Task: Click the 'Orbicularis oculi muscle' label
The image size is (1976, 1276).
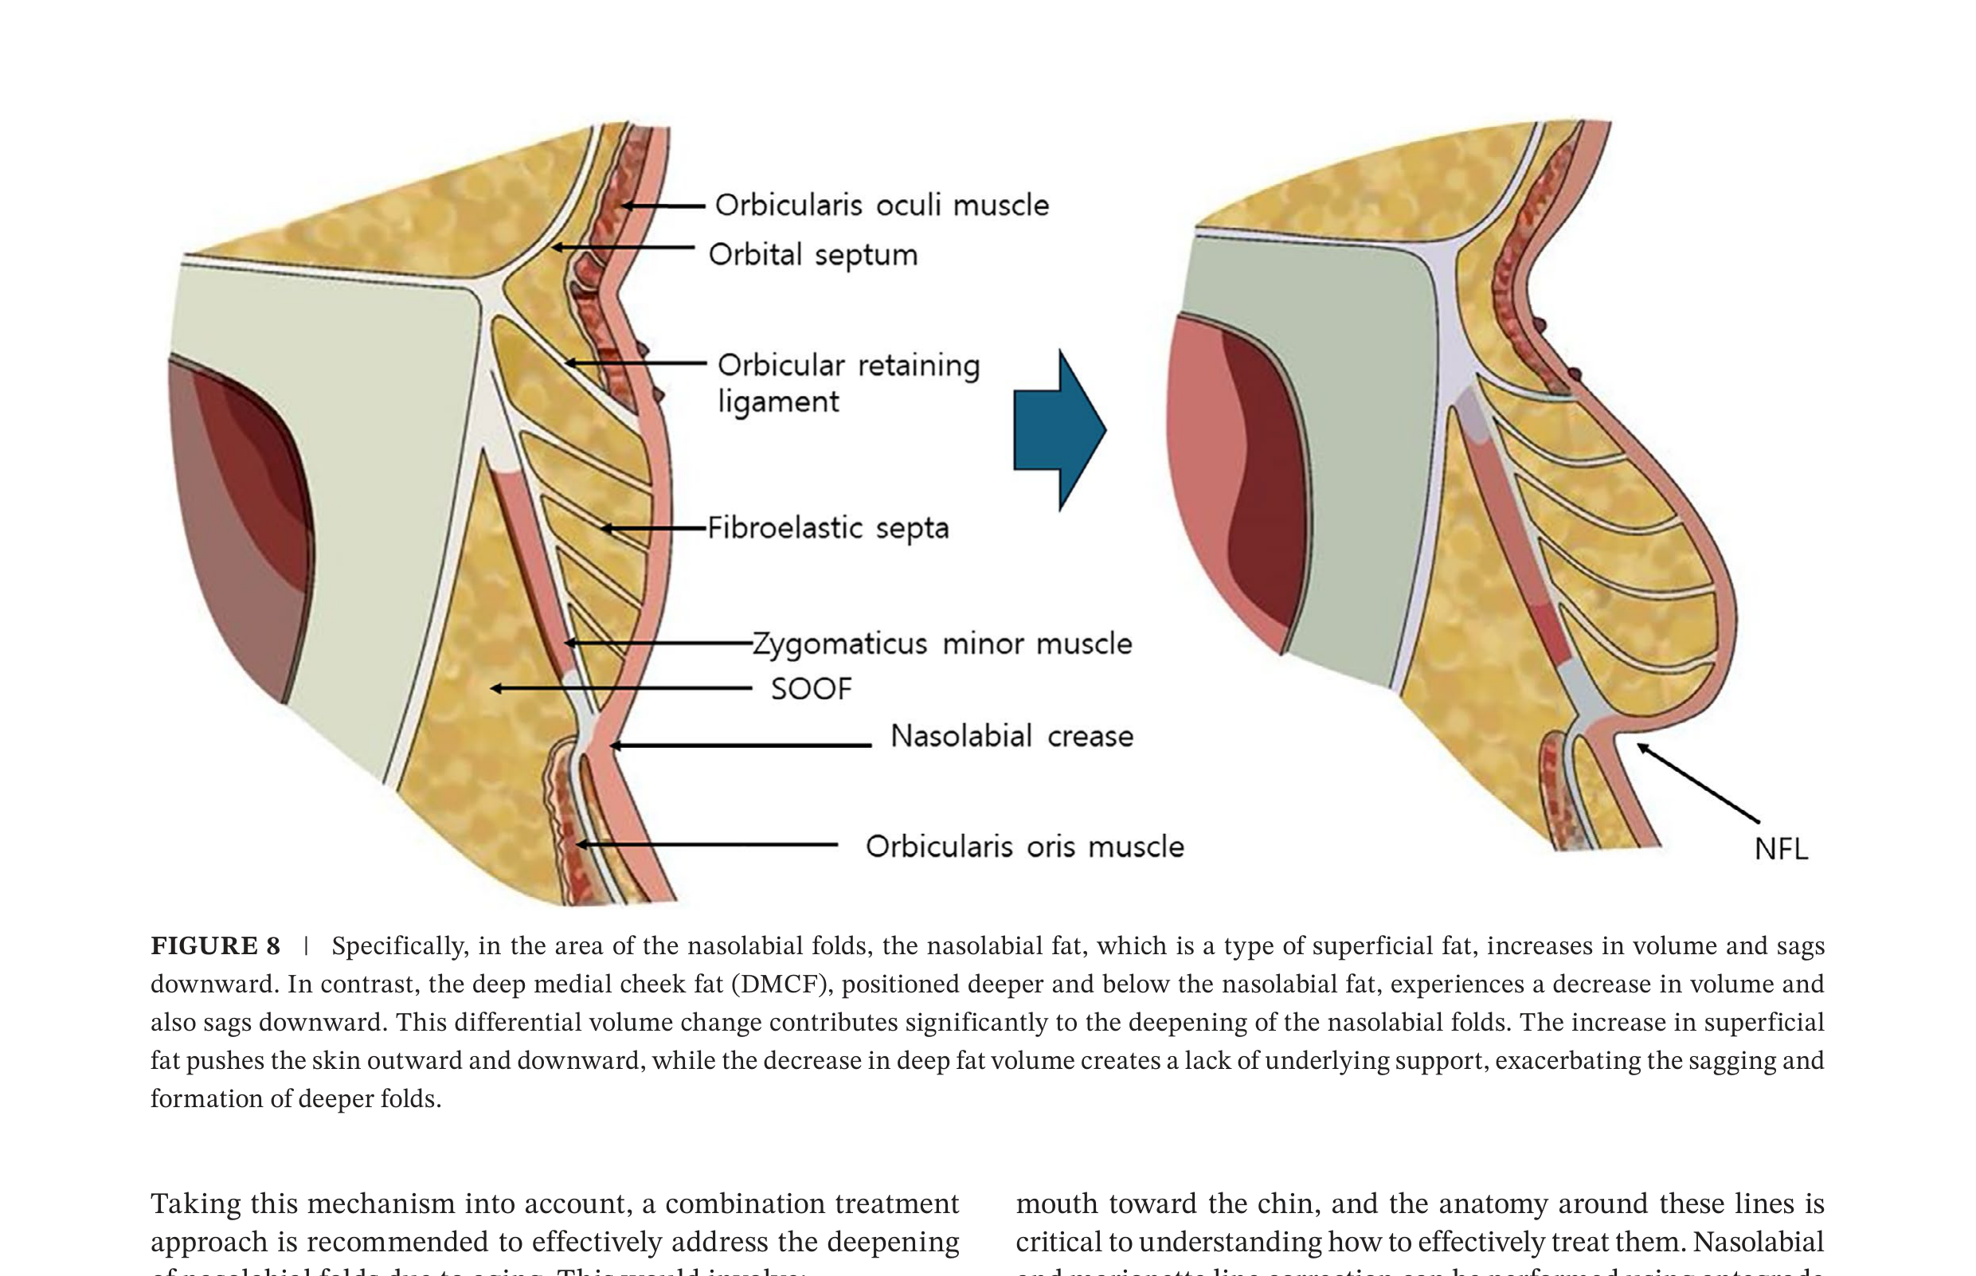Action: click(882, 205)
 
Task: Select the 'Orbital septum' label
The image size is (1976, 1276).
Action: click(812, 254)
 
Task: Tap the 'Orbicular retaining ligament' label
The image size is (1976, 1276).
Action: click(847, 383)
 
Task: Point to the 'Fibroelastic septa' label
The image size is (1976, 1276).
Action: click(828, 528)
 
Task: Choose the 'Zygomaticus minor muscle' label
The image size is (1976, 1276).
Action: click(942, 644)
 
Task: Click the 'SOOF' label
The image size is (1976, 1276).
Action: click(811, 689)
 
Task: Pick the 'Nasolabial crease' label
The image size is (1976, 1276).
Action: click(1011, 736)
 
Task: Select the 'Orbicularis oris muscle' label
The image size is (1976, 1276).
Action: click(1025, 847)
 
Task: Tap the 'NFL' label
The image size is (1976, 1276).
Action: click(1781, 849)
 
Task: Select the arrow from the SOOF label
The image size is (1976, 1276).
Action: click(620, 688)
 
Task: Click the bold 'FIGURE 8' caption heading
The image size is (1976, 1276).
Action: click(215, 946)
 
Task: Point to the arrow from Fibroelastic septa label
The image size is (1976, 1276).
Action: click(654, 528)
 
